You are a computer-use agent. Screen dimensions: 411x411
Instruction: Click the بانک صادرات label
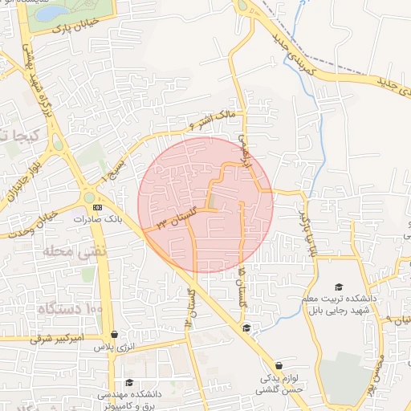98,218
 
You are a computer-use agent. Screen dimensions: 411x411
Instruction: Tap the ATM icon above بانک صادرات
98,206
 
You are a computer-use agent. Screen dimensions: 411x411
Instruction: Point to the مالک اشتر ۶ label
216,120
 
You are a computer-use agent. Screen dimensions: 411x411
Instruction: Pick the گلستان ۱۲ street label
189,307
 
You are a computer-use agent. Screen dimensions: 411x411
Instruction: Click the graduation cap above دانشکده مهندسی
129,383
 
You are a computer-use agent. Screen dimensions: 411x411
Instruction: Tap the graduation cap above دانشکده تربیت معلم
339,287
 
